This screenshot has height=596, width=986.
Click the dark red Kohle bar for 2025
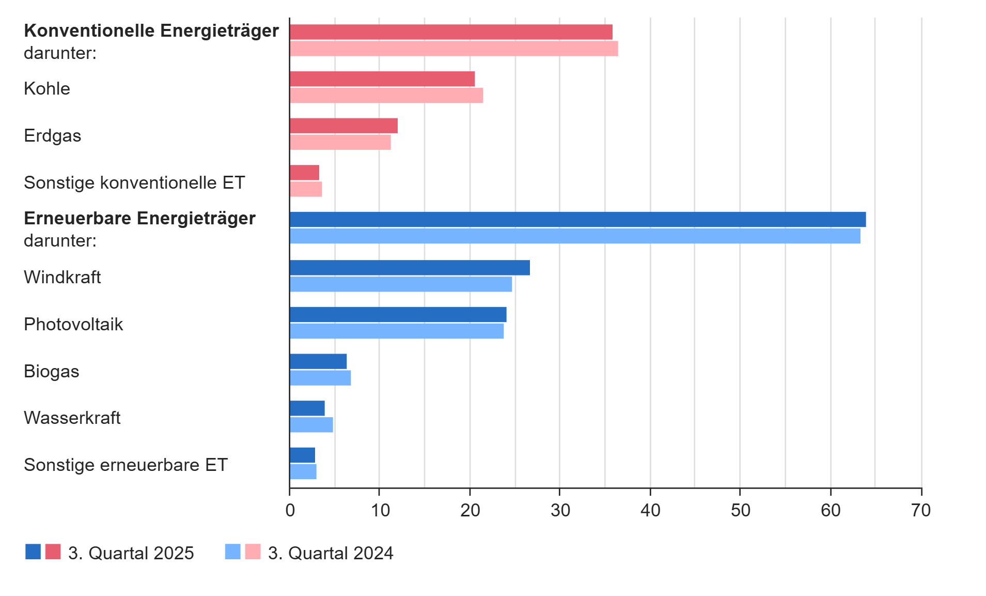tap(382, 79)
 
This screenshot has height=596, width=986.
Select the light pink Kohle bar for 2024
tap(386, 96)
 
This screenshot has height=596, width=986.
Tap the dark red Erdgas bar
tap(343, 126)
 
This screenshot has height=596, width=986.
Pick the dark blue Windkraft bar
tap(410, 268)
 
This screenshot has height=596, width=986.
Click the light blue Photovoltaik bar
tap(397, 331)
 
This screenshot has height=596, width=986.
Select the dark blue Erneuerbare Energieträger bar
tap(577, 219)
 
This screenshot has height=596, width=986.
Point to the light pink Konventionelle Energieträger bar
tap(453, 49)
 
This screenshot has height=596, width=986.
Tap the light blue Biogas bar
tap(320, 378)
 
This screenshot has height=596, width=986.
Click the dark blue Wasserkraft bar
tap(307, 408)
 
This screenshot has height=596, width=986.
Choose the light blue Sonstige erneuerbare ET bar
tap(303, 471)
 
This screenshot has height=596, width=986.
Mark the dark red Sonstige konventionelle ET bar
tap(305, 173)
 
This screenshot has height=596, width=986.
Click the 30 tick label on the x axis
tap(560, 511)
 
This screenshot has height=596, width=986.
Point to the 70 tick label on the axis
tap(921, 511)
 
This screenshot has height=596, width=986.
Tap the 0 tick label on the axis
tap(290, 511)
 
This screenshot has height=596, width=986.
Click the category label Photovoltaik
tap(73, 325)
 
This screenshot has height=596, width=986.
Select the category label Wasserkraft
tap(72, 418)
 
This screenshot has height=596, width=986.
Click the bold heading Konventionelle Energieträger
tap(151, 31)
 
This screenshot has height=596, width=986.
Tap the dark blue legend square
tap(33, 552)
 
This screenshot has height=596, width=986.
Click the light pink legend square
tap(253, 552)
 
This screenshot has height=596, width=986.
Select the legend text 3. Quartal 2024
tap(331, 553)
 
